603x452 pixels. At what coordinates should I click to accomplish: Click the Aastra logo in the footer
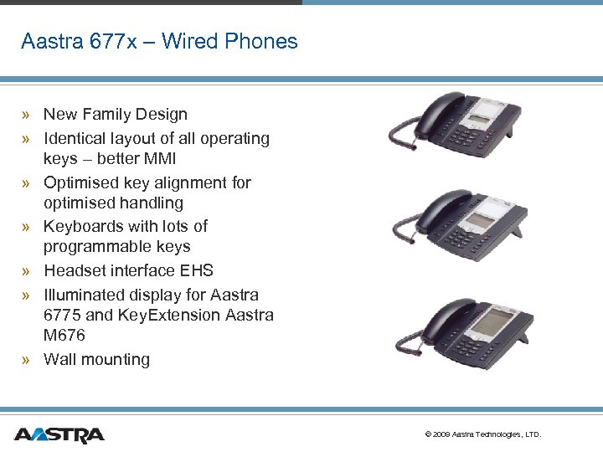59,434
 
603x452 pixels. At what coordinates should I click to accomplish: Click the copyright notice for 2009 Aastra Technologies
483,434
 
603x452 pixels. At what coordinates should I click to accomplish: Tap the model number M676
64,335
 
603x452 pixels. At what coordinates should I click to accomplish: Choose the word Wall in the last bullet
59,359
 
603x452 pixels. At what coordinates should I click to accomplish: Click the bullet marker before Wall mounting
28,360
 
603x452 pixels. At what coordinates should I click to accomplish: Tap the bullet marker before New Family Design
28,116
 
